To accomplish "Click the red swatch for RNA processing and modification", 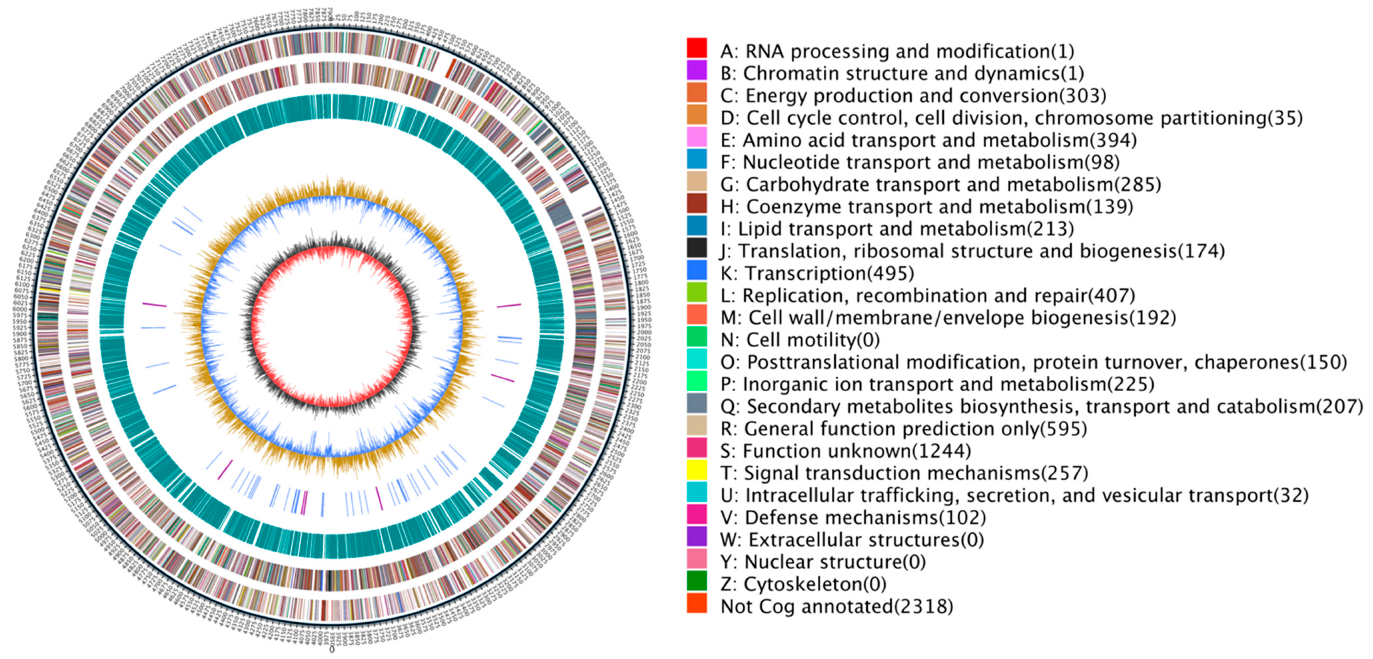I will coord(697,48).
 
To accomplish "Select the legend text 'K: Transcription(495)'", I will coord(816,273).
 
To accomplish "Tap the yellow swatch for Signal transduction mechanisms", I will coord(697,470).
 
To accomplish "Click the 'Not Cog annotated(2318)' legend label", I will coord(836,606).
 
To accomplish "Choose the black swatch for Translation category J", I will coord(697,248).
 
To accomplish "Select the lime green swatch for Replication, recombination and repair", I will coord(697,293).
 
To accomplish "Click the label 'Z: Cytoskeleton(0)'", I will coord(803,584).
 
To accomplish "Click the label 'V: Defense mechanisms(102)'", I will coord(853,517).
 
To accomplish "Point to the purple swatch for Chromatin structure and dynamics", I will coord(697,70).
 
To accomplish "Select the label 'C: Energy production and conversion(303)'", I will coord(913,96).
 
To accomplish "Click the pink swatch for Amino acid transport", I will coord(697,137).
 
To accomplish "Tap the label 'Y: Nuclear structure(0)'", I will coord(823,562).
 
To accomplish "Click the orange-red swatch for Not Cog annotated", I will coord(697,603).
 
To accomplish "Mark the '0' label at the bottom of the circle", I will coord(332,650).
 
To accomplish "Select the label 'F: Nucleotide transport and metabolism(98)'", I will coord(919,163).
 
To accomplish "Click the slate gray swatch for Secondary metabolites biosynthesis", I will coord(697,403).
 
